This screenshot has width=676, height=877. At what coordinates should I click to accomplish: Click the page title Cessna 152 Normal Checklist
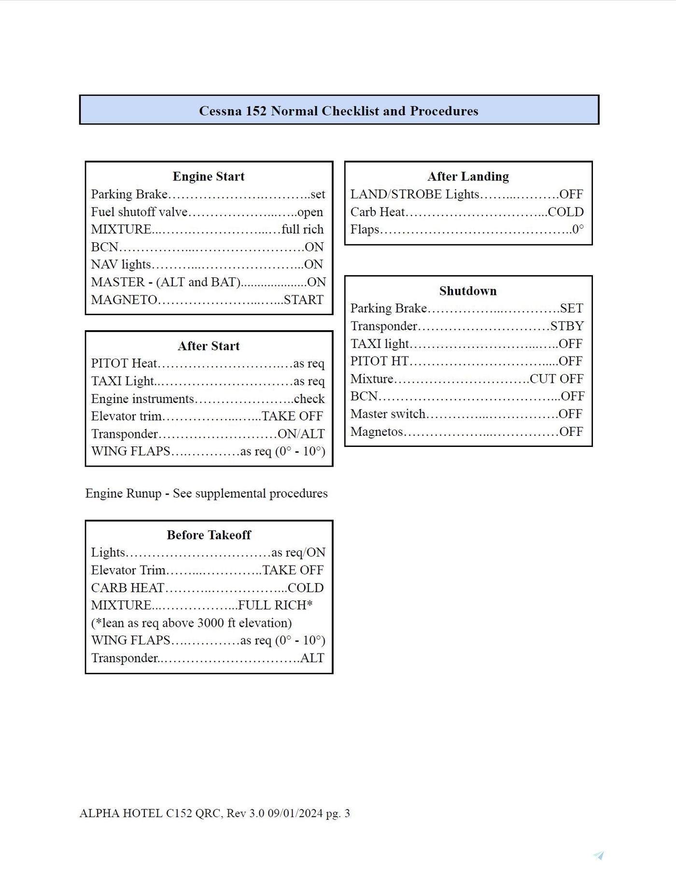[338, 111]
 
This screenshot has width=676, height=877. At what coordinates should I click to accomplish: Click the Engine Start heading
[209, 177]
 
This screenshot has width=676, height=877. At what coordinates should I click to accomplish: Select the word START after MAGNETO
[304, 300]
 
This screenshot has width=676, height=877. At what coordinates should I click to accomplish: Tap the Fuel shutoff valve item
[139, 212]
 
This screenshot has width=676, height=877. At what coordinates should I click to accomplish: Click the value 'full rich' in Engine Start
[303, 229]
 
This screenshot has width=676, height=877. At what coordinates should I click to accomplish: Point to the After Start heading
[209, 346]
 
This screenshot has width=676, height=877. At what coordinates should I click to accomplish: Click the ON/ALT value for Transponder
[301, 434]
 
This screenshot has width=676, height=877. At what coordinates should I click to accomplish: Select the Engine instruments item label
[142, 399]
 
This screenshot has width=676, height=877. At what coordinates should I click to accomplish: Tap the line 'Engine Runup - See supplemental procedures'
[206, 493]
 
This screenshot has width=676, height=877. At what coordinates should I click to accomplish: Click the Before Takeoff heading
[209, 535]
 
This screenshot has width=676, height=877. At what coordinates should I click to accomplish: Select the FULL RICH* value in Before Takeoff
[275, 605]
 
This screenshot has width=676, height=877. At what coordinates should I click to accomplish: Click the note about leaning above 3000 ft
[192, 623]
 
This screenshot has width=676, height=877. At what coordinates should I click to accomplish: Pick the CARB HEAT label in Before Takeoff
[128, 588]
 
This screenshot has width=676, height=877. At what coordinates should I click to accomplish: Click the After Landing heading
[468, 177]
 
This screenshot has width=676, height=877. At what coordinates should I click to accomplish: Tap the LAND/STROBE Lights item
[415, 194]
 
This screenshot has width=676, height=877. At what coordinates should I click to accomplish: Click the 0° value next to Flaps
[578, 229]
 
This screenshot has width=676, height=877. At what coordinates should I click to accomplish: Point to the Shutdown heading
[468, 291]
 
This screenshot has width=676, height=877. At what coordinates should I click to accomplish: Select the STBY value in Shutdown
[567, 326]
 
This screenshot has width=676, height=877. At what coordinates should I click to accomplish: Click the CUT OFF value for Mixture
[557, 379]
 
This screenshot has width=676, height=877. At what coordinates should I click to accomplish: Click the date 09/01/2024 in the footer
[295, 813]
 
